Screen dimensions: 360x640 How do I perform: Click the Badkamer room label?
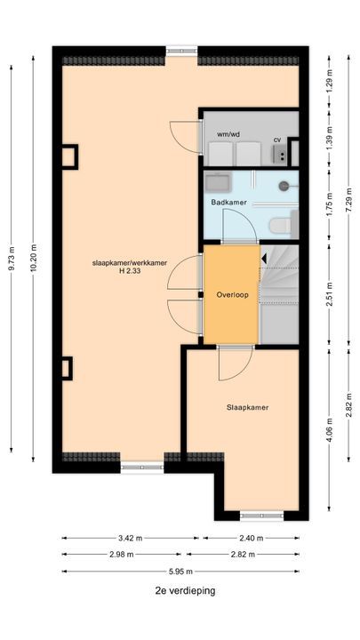(x=228, y=202)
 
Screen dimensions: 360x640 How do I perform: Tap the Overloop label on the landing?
(x=232, y=295)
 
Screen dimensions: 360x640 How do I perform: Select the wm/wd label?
(x=228, y=133)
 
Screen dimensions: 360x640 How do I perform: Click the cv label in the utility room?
(x=277, y=140)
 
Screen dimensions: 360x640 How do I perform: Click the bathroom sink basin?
(x=218, y=182)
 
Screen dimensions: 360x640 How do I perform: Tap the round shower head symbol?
(x=284, y=186)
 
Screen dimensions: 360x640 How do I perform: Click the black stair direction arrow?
(x=264, y=258)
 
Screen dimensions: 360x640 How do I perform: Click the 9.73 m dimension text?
(x=11, y=259)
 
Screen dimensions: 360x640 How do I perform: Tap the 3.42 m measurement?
(x=131, y=538)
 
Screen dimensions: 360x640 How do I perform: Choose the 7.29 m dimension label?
(x=348, y=199)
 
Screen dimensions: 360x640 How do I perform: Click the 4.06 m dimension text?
(x=329, y=429)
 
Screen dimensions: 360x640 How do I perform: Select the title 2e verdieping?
(x=185, y=590)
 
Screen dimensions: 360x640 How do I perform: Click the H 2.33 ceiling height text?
(x=130, y=270)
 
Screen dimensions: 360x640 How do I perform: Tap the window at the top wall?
(x=181, y=52)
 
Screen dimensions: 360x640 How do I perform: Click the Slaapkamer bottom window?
(x=261, y=516)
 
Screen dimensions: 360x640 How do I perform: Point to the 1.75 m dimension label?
(x=329, y=206)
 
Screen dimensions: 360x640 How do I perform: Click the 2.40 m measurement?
(x=251, y=538)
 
